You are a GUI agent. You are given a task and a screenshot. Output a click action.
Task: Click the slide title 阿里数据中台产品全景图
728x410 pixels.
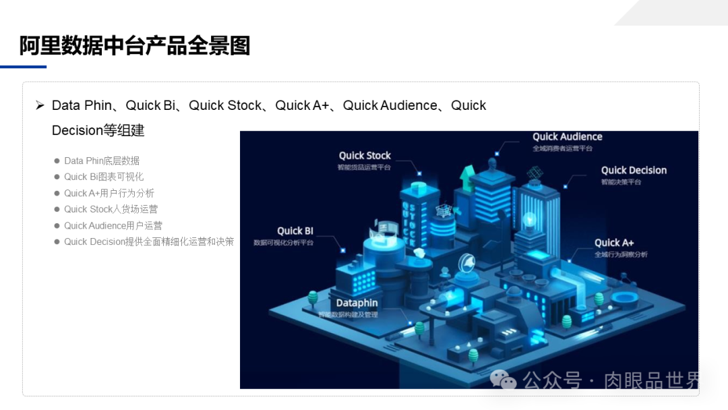click(135, 45)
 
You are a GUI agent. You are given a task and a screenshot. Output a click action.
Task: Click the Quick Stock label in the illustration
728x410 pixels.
click(365, 156)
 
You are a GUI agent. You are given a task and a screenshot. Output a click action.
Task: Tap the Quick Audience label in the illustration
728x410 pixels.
click(567, 137)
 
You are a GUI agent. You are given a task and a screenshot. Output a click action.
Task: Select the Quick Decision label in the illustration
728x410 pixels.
click(634, 171)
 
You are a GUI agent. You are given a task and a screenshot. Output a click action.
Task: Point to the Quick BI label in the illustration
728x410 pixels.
click(295, 231)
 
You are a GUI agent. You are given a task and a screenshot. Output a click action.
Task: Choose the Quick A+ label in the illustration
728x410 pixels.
click(614, 243)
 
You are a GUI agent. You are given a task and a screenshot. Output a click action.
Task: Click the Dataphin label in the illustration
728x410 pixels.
click(357, 303)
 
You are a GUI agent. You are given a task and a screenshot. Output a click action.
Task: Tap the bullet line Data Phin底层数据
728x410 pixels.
click(102, 160)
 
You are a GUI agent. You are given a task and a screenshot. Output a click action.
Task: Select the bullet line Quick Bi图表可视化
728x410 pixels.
click(104, 177)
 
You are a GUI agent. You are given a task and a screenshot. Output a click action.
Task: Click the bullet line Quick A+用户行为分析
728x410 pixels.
click(109, 193)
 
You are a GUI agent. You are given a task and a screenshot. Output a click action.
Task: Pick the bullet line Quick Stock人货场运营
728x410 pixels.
click(111, 209)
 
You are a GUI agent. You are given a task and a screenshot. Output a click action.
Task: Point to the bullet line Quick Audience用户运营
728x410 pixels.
click(113, 225)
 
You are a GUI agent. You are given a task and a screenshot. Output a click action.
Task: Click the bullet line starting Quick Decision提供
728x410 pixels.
click(149, 241)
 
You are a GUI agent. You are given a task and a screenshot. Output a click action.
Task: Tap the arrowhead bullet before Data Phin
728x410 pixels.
click(40, 106)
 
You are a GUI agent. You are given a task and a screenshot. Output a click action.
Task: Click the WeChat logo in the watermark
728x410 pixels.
click(503, 381)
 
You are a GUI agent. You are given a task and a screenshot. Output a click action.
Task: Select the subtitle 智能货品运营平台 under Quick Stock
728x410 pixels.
click(364, 167)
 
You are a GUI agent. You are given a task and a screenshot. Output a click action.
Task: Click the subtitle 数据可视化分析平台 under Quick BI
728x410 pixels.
click(283, 242)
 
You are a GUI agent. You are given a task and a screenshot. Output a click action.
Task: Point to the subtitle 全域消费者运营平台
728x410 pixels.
click(562, 148)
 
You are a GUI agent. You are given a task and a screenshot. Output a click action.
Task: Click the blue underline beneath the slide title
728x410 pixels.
click(23, 67)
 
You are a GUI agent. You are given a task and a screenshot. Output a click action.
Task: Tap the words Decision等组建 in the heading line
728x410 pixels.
click(98, 130)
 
